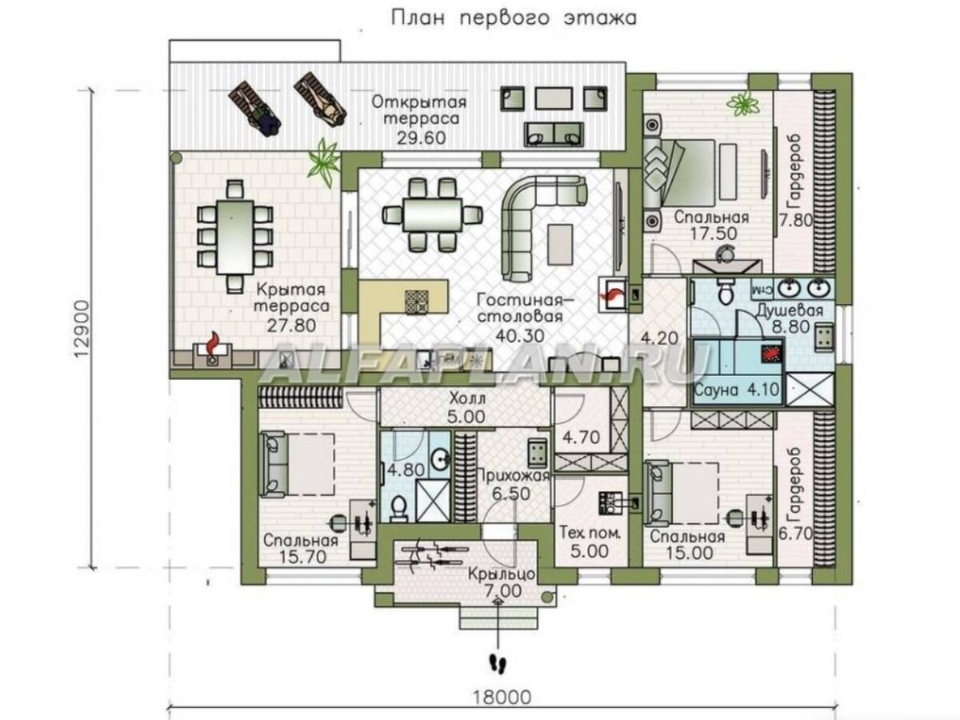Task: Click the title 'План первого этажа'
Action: click(x=513, y=18)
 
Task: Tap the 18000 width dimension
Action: click(x=502, y=698)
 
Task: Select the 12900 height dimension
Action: click(x=83, y=328)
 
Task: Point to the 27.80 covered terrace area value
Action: click(x=292, y=326)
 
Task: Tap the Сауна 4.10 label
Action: click(x=737, y=390)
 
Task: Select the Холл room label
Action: click(x=467, y=398)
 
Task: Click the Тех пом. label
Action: click(x=590, y=534)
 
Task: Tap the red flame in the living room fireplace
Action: click(x=611, y=296)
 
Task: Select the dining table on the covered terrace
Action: click(x=235, y=238)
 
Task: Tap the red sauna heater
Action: click(x=771, y=353)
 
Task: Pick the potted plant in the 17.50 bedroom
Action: click(x=743, y=104)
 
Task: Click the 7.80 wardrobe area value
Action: click(x=796, y=220)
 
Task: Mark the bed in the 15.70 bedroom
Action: click(x=297, y=464)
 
